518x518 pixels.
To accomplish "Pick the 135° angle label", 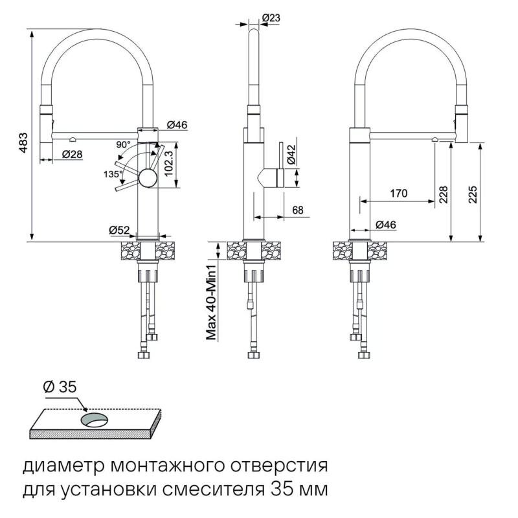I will pyautogui.click(x=111, y=174).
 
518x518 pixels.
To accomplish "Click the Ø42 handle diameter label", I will pyautogui.click(x=291, y=154).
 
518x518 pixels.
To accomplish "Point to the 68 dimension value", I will pyautogui.click(x=298, y=210).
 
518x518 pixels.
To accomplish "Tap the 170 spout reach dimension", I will pyautogui.click(x=399, y=193).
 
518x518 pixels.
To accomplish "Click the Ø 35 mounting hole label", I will pyautogui.click(x=60, y=387).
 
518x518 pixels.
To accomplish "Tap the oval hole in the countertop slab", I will pyautogui.click(x=95, y=420).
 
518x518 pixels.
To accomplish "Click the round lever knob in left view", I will pyautogui.click(x=147, y=178).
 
